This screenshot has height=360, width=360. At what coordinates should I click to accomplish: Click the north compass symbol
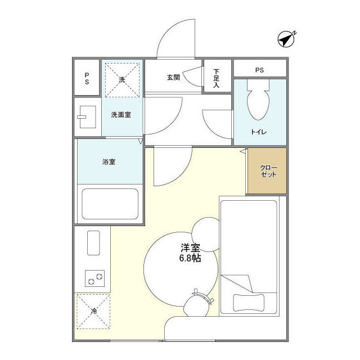coord(286,39)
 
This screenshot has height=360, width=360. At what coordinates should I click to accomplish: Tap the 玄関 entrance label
coord(173,78)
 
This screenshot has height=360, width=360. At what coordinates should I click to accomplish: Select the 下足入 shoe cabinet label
coord(216,78)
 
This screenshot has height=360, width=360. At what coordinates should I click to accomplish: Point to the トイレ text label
coord(259,132)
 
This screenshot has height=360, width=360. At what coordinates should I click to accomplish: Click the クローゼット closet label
coord(268,171)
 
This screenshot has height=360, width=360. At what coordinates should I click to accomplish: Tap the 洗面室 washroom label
coord(121,115)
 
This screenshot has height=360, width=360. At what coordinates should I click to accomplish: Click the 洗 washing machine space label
coord(122,80)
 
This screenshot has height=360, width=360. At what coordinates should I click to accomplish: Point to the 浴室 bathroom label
coord(109,162)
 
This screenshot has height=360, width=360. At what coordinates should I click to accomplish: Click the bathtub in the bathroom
coord(110,204)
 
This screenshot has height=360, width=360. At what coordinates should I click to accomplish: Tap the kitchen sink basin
coord(93,243)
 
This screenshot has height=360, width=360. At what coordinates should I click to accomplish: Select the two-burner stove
coord(95,278)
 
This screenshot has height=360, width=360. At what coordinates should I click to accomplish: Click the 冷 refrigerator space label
coord(94,311)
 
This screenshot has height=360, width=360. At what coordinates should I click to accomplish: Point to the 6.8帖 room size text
coord(190,258)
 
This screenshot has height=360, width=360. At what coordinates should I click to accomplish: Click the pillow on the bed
coord(249,303)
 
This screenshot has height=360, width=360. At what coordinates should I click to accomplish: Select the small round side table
coord(205,235)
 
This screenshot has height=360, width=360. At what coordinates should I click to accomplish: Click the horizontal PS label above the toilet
coord(259,70)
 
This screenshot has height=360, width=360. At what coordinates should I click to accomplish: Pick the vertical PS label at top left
coord(87,79)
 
